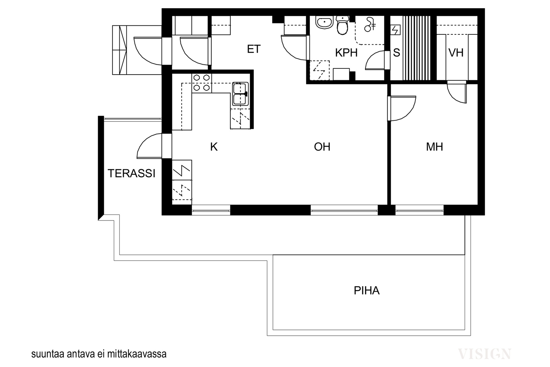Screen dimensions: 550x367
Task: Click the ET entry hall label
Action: click(254, 49)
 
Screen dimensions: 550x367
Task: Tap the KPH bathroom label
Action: click(346, 53)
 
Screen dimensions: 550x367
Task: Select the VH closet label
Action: click(456, 53)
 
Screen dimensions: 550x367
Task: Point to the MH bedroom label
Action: click(434, 147)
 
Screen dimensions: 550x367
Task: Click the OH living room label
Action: click(322, 147)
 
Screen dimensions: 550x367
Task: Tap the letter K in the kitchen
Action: click(214, 147)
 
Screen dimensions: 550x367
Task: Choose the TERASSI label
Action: click(132, 173)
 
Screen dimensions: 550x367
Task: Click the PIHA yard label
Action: click(366, 291)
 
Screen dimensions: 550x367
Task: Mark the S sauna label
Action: click(397, 53)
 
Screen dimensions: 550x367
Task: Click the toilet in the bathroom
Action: click(342, 25)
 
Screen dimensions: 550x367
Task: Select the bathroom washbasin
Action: click(324, 23)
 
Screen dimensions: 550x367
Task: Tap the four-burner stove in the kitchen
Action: click(201, 83)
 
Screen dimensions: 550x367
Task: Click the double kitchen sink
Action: click(240, 94)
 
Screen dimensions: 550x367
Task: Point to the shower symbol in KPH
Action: click(370, 24)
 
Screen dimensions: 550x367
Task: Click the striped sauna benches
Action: click(417, 48)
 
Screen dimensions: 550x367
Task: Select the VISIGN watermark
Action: click(484, 354)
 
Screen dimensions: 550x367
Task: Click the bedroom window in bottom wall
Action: click(419, 210)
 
